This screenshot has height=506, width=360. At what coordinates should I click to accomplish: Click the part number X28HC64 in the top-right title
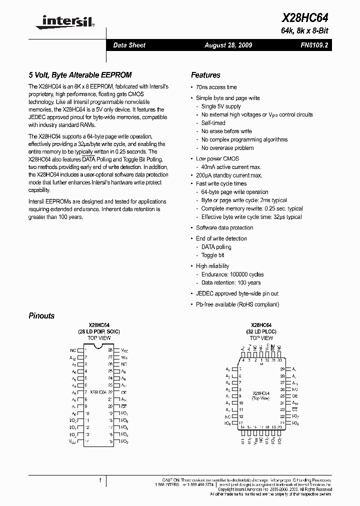point(305,18)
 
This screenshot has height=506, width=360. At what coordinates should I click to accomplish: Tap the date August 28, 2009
point(228,45)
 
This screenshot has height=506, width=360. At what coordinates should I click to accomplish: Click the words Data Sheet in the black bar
point(129,45)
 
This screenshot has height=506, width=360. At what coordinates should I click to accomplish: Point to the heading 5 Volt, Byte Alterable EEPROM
point(80,75)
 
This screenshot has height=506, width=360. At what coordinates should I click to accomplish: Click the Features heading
point(205,75)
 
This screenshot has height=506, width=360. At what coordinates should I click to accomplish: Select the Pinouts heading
point(41,316)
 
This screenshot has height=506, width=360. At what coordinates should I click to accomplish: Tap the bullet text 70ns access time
point(216,87)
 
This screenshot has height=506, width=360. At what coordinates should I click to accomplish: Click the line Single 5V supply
point(221,106)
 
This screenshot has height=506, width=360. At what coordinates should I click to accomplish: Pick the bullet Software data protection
point(224,227)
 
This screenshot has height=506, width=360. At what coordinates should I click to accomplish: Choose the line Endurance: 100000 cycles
point(232,274)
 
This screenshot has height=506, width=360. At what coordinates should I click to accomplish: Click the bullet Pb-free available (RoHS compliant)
point(237,304)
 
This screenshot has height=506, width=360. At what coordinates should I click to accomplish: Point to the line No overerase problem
point(227,148)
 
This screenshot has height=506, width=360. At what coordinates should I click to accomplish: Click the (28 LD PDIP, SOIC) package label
point(99,331)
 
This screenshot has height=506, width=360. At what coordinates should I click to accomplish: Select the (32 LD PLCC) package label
point(261,331)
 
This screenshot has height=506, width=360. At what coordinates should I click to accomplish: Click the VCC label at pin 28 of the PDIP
point(124,351)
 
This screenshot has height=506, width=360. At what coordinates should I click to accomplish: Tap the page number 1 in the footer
point(100,481)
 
